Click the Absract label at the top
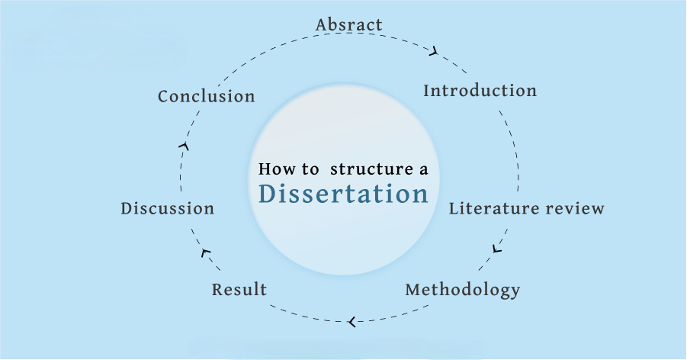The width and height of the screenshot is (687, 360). [x=348, y=24]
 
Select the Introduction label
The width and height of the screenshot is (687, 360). [x=480, y=91]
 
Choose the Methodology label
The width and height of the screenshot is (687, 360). [x=462, y=290]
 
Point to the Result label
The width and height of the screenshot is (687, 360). [x=239, y=290]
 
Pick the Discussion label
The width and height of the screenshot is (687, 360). [x=167, y=208]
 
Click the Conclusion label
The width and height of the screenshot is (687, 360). [x=206, y=96]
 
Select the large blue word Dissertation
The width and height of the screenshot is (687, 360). [x=343, y=194]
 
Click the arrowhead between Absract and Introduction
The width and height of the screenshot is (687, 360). [x=434, y=52]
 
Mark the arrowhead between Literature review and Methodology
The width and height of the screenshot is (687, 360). [x=497, y=249]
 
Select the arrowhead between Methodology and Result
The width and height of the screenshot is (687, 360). [x=351, y=322]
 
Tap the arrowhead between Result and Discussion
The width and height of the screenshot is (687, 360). [x=204, y=252]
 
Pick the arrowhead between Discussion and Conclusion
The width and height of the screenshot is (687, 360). [x=184, y=145]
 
